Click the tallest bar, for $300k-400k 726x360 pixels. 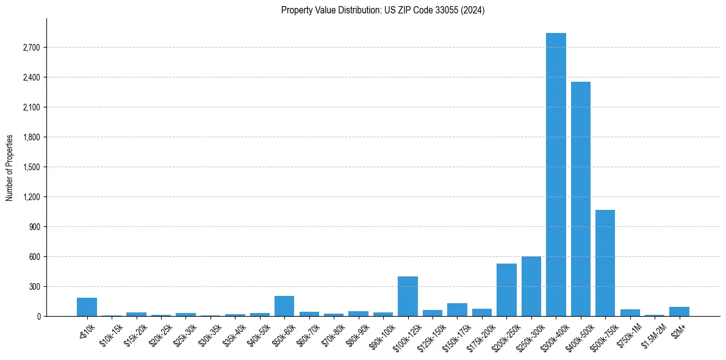click(556, 175)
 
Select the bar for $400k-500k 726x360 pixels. click(580, 199)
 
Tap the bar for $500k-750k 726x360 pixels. click(605, 263)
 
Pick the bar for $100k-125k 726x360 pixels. click(408, 297)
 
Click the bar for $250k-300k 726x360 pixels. click(531, 287)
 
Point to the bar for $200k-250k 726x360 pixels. click(506, 290)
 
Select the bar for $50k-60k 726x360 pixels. click(284, 306)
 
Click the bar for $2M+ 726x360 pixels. click(679, 312)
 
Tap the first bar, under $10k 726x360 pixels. click(87, 307)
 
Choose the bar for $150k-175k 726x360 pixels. click(457, 310)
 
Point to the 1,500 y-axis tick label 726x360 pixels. click(31, 167)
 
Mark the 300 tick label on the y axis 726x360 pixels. click(34, 287)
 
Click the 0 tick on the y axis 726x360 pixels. click(38, 317)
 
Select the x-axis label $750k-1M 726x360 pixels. click(628, 333)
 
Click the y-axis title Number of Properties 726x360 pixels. click(10, 167)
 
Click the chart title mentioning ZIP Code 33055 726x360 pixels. click(383, 10)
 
